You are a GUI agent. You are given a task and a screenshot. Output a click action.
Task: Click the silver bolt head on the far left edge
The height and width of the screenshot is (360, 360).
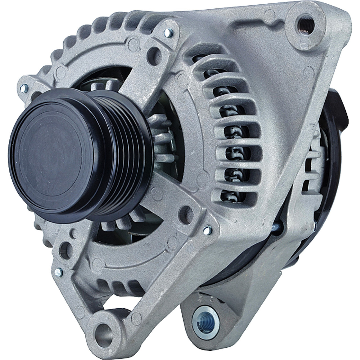25,87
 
